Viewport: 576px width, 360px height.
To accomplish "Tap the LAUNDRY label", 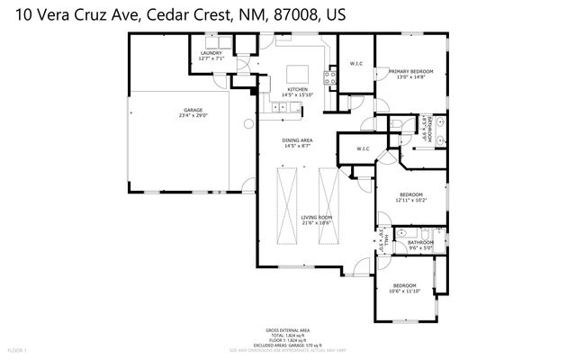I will coord(211,54).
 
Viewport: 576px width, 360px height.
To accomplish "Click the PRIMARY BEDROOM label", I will coord(410,71).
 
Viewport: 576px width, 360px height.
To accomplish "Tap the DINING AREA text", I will coord(297,141).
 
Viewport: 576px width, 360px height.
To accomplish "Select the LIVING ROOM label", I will coord(317,218).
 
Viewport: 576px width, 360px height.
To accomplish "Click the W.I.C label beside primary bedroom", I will coord(356,63).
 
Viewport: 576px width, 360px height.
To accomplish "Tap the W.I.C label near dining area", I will coord(363,149).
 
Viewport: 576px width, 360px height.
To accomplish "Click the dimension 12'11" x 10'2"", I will coord(410,200).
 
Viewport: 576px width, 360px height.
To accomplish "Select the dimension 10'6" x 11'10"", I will coord(405,292).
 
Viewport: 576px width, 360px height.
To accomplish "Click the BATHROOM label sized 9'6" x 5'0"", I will coord(420,242).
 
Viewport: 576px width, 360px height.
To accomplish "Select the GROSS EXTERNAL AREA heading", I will coord(287,331).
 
